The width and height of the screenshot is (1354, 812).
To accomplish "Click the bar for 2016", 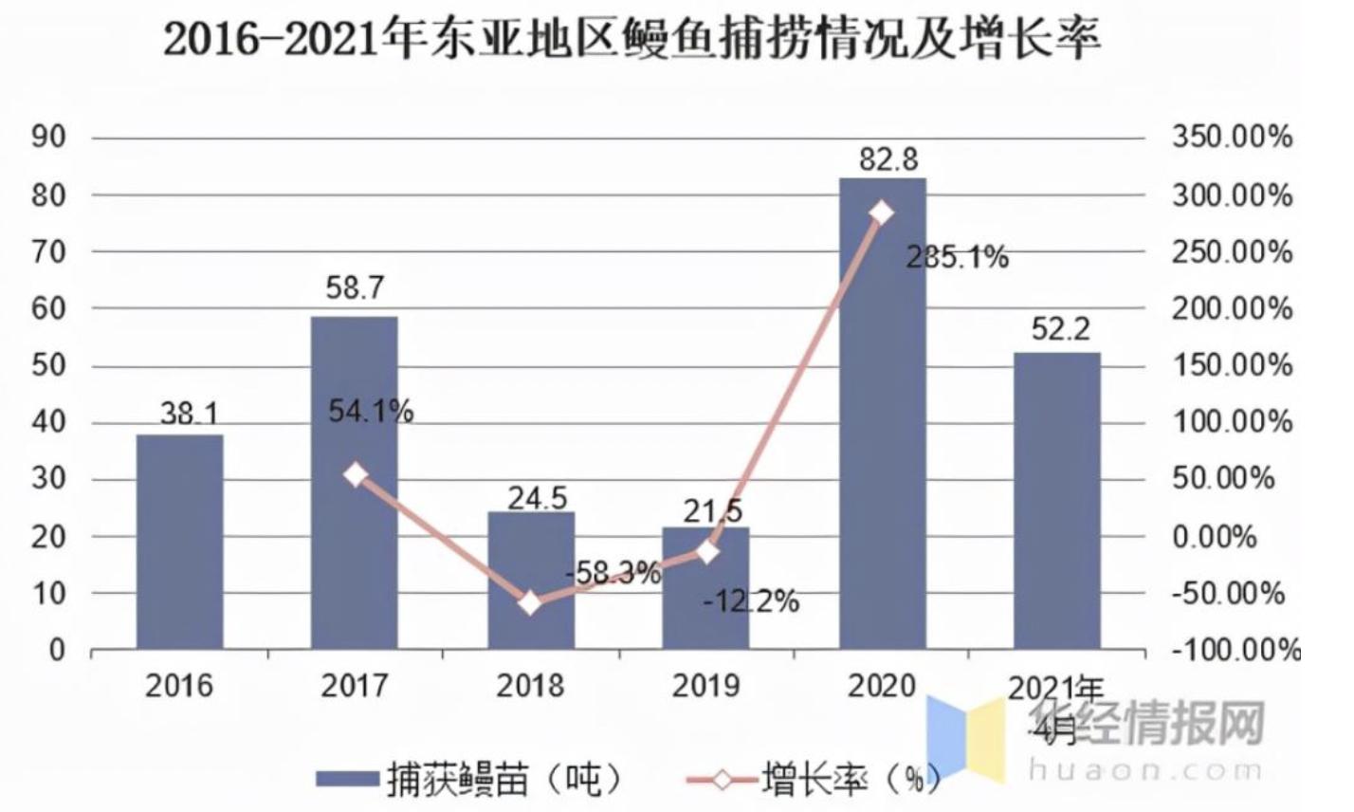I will tap(179, 542).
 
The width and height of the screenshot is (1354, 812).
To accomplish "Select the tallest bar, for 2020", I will tap(882, 414).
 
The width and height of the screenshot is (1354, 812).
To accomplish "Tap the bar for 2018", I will tap(531, 580).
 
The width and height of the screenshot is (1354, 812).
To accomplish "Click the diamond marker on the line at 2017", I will tap(356, 475).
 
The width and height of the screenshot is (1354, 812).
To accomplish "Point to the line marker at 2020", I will tap(882, 212).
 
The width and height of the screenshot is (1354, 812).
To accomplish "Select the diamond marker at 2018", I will tap(531, 602).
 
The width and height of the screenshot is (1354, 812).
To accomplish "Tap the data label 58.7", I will tap(355, 288).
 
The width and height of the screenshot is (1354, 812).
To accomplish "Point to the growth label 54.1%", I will tap(370, 412).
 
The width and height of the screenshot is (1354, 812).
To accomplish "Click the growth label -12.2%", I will tap(751, 600).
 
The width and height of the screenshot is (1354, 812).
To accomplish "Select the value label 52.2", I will tap(1059, 329).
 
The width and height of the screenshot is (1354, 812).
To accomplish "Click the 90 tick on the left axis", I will tap(48, 138).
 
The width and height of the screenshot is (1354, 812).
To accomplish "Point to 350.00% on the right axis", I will tap(1232, 138).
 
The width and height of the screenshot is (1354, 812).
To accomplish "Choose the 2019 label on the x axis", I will tap(706, 685).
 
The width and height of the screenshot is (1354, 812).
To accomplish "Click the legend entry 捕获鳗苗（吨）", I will tap(470, 780).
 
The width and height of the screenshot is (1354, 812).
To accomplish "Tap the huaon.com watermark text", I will tap(1146, 770).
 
